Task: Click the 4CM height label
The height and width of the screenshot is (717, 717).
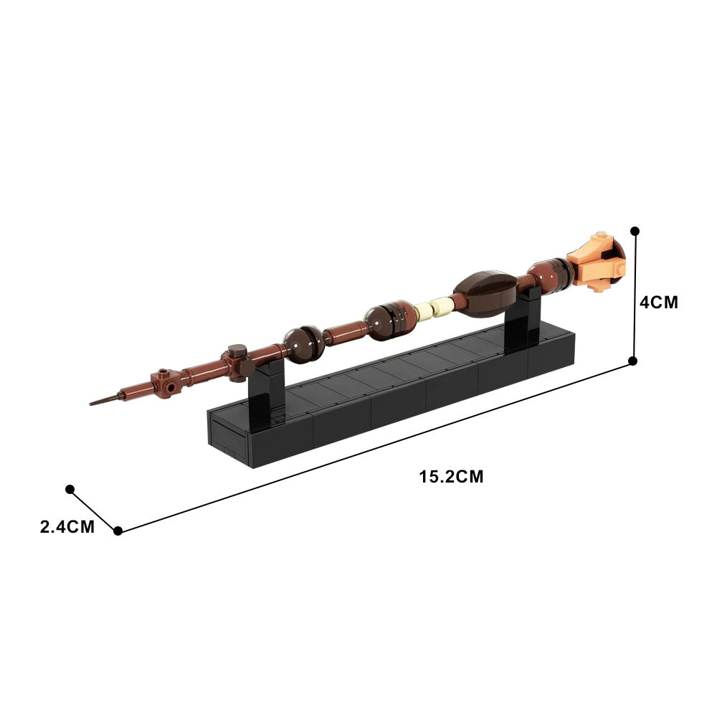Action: (658, 302)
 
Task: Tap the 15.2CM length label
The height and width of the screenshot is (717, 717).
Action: (452, 476)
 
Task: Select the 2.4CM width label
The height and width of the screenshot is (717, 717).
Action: (67, 527)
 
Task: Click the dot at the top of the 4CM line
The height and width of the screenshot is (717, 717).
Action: (634, 231)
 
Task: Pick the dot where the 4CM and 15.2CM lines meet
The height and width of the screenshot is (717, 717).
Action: (633, 361)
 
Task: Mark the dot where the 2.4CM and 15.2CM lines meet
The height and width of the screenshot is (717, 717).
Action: (118, 531)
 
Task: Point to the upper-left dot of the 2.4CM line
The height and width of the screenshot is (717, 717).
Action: (70, 489)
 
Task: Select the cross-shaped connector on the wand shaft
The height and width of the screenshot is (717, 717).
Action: (236, 360)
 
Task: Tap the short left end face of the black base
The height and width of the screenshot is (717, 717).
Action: (228, 437)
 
